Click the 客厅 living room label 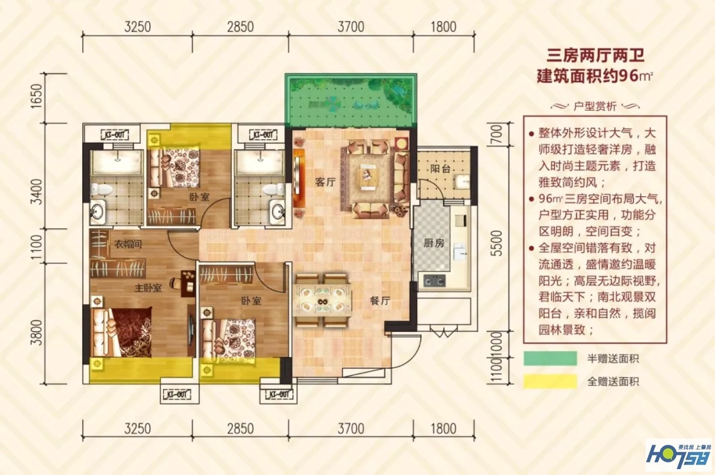pyautogui.click(x=324, y=183)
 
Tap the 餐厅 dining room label pyautogui.click(x=379, y=300)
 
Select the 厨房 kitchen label pyautogui.click(x=434, y=243)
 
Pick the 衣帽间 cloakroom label pyautogui.click(x=128, y=244)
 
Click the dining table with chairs pyautogui.click(x=322, y=299)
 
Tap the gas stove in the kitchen pyautogui.click(x=434, y=281)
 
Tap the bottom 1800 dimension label pyautogui.click(x=442, y=427)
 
